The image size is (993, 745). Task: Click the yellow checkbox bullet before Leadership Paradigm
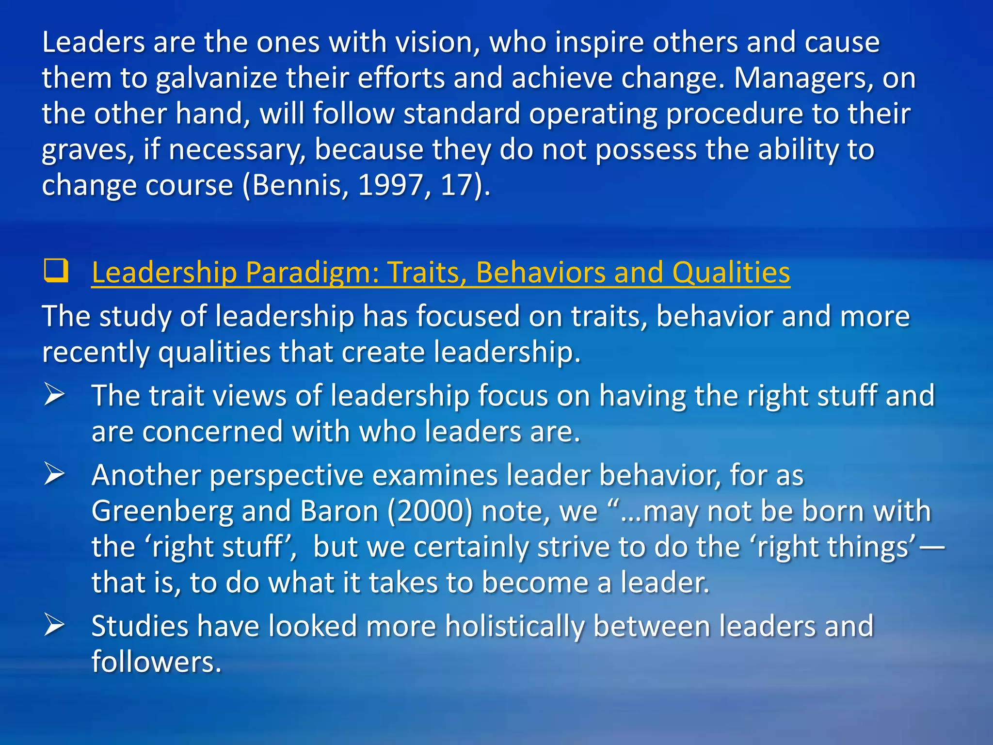56,271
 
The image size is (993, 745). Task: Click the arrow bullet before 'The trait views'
54,394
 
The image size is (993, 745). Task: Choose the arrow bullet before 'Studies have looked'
54,625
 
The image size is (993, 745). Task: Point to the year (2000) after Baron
430,512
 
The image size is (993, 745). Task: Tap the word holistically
514,626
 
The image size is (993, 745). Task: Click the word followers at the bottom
156,662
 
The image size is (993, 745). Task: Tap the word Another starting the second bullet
146,475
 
